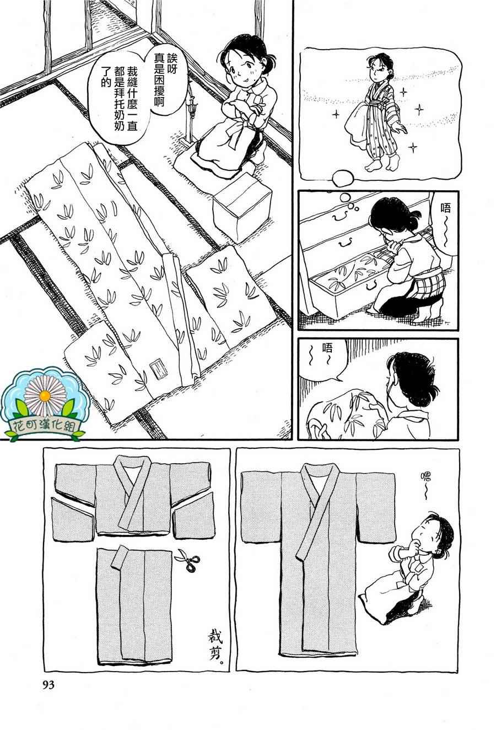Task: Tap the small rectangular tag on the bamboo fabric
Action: pyautogui.click(x=159, y=370)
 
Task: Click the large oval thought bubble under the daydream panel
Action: pyautogui.click(x=343, y=178)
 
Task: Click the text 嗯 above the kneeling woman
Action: pyautogui.click(x=425, y=479)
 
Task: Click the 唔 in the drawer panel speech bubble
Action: pyautogui.click(x=445, y=208)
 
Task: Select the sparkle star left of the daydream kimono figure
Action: pyautogui.click(x=336, y=114)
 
